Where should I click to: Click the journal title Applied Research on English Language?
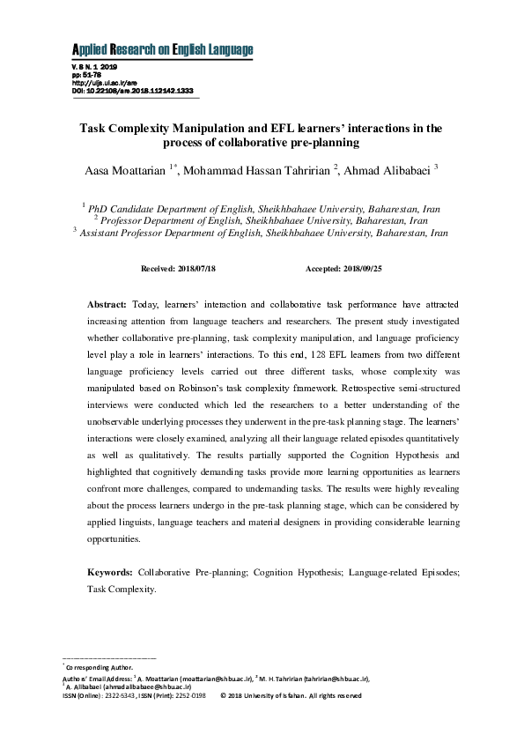click(161, 48)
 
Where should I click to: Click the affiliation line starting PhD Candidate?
click(264, 209)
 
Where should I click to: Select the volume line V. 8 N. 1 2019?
click(93, 67)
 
